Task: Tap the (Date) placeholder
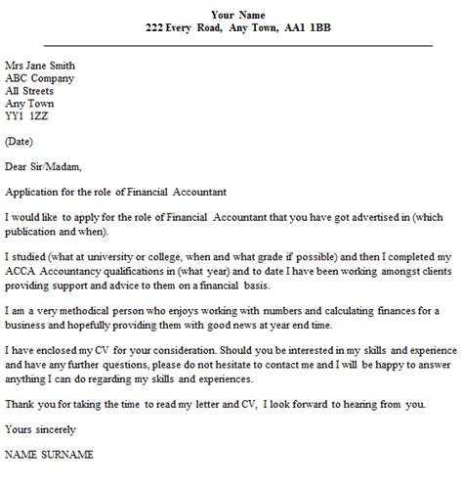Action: [x=21, y=142]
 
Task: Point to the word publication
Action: [x=36, y=231]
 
